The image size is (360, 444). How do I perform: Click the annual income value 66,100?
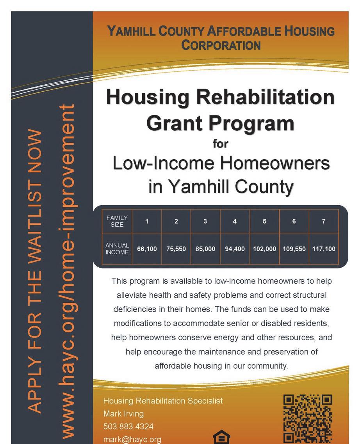click(147, 249)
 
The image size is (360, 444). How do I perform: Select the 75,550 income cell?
click(176, 249)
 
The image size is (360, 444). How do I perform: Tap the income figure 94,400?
click(235, 249)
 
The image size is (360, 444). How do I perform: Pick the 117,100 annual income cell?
click(324, 249)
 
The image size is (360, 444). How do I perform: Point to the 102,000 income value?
click(264, 249)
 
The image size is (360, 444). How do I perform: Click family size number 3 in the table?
click(205, 221)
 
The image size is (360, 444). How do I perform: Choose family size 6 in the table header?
click(294, 221)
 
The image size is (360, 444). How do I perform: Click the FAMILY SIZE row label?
click(117, 221)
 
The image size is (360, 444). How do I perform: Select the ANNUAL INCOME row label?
click(117, 249)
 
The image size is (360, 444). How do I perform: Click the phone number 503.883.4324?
click(128, 426)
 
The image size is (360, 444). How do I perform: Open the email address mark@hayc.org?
click(132, 439)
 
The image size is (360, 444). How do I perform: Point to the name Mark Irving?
click(123, 414)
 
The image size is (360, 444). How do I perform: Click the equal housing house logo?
click(221, 437)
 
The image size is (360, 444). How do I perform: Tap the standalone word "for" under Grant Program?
click(220, 144)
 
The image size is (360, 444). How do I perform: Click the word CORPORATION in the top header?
click(221, 45)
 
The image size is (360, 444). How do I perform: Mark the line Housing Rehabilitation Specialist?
click(163, 401)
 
